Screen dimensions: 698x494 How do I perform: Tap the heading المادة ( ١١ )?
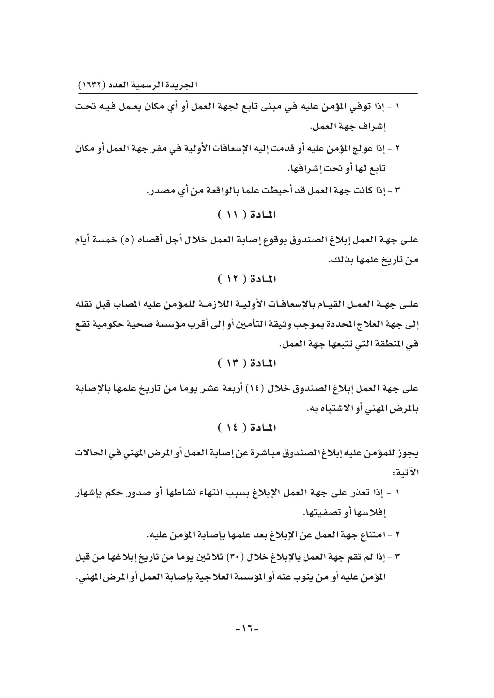[247, 215]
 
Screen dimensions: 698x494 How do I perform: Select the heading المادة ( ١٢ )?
[247, 279]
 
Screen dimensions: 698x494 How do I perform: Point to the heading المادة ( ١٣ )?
[247, 363]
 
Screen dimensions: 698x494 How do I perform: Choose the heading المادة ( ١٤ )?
[247, 428]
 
